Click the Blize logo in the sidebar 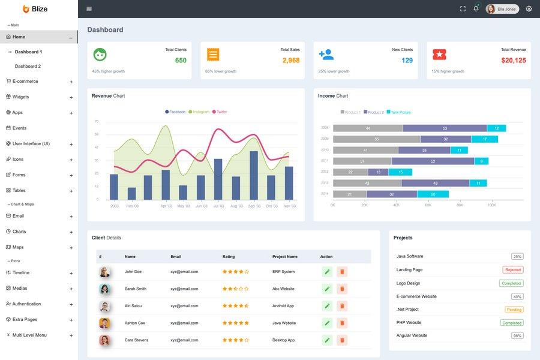[35, 9]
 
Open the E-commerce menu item [25, 82]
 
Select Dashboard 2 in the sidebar [28, 66]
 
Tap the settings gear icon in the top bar [529, 9]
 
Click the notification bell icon [476, 9]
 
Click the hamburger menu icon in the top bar [89, 9]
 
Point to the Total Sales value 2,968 [291, 61]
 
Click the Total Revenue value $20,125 [514, 61]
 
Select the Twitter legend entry [220, 112]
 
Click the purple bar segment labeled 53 [445, 128]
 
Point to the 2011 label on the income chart [325, 161]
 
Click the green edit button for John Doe [327, 272]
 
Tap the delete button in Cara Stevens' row [342, 340]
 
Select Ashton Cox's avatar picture [104, 323]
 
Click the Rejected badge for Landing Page [512, 270]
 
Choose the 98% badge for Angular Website [517, 335]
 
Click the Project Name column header [284, 257]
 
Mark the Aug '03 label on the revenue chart [236, 206]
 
